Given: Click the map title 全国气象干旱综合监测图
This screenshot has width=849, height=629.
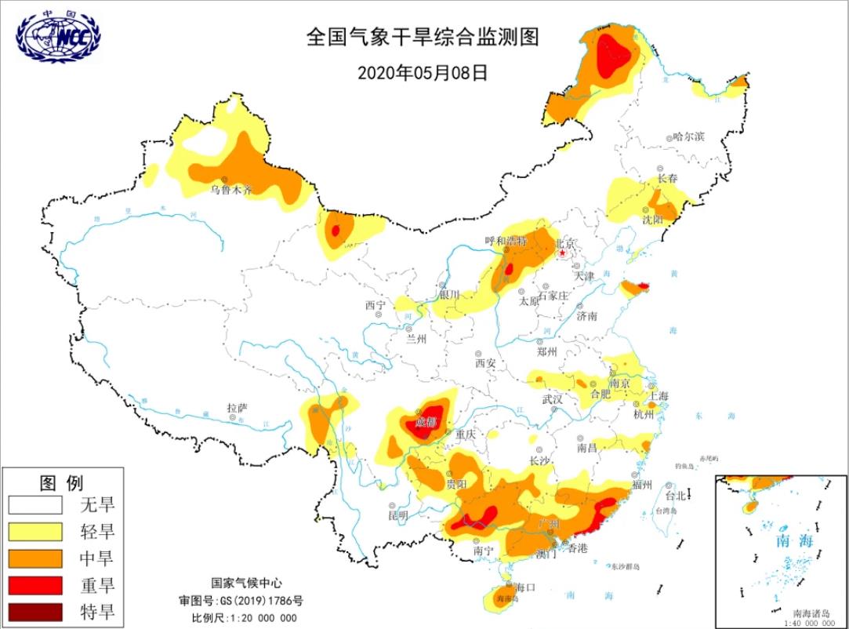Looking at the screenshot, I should (x=423, y=38).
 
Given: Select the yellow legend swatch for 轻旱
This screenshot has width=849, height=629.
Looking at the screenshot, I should (x=35, y=532).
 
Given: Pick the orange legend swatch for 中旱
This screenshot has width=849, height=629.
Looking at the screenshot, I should (x=35, y=558).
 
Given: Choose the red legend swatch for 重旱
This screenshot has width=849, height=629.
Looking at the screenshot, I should (x=35, y=585).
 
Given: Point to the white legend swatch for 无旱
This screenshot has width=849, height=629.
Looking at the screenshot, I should (x=35, y=504).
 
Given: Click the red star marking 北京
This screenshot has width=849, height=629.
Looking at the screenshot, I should (x=562, y=254).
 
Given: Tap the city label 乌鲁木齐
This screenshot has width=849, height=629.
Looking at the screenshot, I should (x=231, y=190).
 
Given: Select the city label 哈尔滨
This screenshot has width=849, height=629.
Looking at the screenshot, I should (x=689, y=136).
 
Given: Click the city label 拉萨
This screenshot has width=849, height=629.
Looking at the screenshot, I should (x=237, y=408).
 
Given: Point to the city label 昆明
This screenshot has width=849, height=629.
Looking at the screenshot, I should (x=398, y=515).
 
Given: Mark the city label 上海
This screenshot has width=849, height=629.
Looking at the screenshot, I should (x=658, y=396).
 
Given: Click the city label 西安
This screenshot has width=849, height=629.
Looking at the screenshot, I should (x=485, y=363).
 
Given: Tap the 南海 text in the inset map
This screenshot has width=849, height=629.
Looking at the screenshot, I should (x=794, y=541).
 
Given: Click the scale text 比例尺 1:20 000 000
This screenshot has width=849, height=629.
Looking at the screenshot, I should (x=245, y=617).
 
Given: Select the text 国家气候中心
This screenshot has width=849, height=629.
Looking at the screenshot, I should (x=246, y=584).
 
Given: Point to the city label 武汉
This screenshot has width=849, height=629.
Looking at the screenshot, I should (x=553, y=399).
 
